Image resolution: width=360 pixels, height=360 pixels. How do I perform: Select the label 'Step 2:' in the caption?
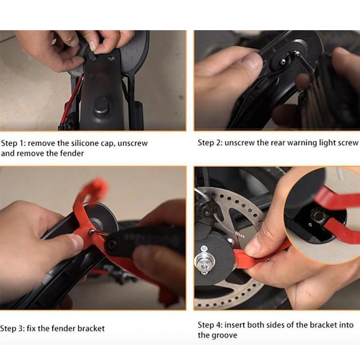(x=210, y=143)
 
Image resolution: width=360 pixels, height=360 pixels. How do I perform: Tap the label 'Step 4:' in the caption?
(x=210, y=325)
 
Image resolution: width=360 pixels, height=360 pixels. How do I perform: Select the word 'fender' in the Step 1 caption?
(x=72, y=153)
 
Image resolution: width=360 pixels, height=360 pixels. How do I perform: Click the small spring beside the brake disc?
(x=238, y=234)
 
